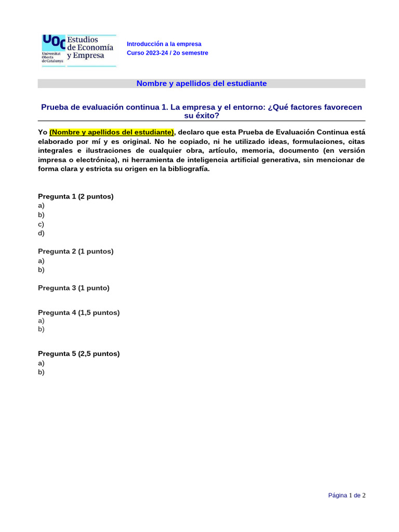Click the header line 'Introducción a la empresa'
click(164, 44)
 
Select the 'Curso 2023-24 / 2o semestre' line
click(167, 53)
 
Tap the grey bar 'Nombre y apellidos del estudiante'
click(202, 83)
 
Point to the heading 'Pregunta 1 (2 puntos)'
click(76, 196)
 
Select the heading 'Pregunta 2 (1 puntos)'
click(76, 251)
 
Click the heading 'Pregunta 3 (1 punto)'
click(74, 288)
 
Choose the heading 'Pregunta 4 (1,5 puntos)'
click(79, 313)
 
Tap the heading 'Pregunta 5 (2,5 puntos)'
click(79, 354)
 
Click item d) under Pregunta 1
click(42, 233)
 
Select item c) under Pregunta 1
click(42, 224)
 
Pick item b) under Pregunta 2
click(42, 270)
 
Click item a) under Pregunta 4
click(42, 321)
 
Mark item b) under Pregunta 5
click(42, 372)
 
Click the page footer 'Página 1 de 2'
click(347, 496)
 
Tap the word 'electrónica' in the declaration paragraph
click(97, 160)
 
